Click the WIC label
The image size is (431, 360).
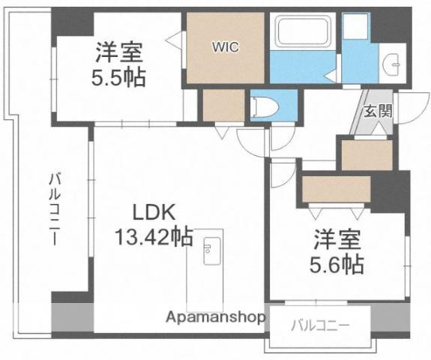coord(225,47)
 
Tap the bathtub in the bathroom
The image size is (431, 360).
coord(303,32)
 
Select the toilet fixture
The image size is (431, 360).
coord(265,107)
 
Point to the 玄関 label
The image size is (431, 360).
coord(378,112)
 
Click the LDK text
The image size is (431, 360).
coord(154,212)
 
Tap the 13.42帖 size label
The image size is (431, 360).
coord(154,237)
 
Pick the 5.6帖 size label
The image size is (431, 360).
coord(337,265)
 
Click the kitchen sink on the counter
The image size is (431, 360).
coord(212,250)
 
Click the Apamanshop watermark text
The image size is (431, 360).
coord(215,318)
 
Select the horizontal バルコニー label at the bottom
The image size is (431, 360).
coord(321,326)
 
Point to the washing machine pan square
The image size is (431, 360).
coord(355,26)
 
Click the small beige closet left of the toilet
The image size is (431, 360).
coord(223,105)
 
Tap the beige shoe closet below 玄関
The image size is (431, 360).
coord(367,155)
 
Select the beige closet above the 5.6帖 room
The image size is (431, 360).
coord(336,189)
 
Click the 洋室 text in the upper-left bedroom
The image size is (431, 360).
coord(119,52)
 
